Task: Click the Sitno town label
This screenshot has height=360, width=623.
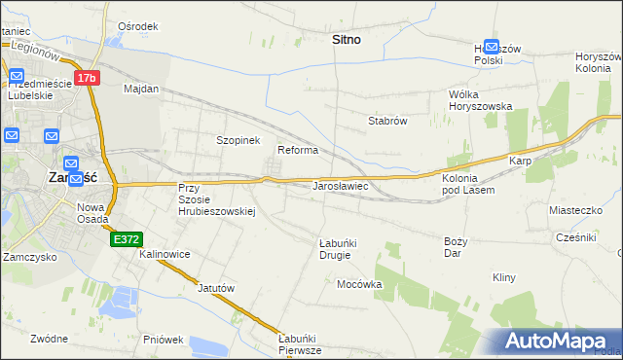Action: click(346, 40)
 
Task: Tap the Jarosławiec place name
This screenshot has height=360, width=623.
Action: click(339, 185)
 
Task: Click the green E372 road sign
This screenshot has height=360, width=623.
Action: click(127, 238)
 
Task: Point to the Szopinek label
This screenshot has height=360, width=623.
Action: click(238, 140)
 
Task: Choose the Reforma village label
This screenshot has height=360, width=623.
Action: click(298, 151)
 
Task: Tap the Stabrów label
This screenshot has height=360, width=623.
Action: click(386, 122)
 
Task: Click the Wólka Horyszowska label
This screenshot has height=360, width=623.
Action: click(480, 100)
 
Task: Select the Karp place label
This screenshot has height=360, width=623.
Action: click(518, 161)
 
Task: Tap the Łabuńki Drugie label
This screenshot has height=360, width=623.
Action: click(335, 249)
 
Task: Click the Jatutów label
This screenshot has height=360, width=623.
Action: click(217, 288)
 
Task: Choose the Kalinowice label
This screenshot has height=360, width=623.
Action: click(165, 254)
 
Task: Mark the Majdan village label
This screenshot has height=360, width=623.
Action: click(141, 89)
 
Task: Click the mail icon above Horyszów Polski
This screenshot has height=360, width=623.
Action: click(492, 46)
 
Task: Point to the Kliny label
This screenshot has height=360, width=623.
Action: click(503, 277)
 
